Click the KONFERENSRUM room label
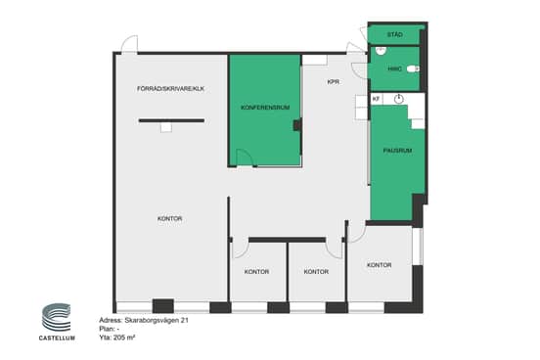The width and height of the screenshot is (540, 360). point(265,108)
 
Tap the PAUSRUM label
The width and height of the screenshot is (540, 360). point(397,151)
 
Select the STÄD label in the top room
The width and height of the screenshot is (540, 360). point(394,34)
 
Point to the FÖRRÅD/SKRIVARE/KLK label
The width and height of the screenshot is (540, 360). point(170,89)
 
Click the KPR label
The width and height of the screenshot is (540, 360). point(333,82)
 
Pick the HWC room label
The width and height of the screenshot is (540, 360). point(394,68)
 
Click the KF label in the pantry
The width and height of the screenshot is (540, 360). point(376,99)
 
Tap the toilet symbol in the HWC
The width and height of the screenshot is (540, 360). point(413,68)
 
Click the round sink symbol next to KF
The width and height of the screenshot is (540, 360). point(398,99)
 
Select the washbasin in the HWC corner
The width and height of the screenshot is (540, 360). point(381,51)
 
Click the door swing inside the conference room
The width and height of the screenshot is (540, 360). point(246,157)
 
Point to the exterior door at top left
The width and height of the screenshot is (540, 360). point(129,44)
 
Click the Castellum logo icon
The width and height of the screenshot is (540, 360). point(56,317)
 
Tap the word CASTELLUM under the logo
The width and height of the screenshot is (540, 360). point(57,337)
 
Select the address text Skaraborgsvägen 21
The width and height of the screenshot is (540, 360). point(157,321)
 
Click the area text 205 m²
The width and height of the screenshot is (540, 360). point(124,337)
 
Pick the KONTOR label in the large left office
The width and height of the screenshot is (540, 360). point(170,219)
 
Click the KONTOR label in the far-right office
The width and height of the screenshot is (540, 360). point(379,265)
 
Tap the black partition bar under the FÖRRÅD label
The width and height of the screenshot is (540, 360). point(171,120)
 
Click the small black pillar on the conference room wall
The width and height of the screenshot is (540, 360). point(297,124)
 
